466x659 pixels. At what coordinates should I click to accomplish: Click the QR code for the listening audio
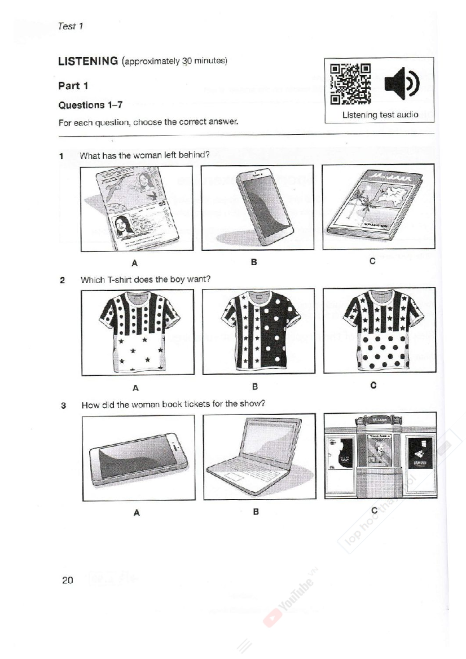tap(350, 84)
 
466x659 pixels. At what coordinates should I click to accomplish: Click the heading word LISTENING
tap(88, 61)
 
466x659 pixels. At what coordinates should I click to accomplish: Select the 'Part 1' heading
tap(73, 86)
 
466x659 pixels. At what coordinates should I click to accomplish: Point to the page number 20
tap(67, 580)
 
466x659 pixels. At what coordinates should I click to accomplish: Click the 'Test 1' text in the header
tap(70, 26)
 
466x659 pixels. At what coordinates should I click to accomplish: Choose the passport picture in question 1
tap(136, 208)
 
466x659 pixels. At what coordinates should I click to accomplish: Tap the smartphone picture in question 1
tap(257, 208)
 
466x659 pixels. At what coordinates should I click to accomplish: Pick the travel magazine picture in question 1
tap(378, 206)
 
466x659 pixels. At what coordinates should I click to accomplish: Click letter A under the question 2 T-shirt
tap(136, 388)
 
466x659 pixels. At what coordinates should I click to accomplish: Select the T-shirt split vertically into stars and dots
tap(259, 331)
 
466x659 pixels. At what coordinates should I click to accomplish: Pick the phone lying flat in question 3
tap(139, 458)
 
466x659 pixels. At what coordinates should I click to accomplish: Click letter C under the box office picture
tap(374, 511)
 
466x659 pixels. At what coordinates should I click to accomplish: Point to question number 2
tap(62, 280)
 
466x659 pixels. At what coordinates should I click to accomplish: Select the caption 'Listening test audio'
tap(380, 115)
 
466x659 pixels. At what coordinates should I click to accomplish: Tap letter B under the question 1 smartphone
tap(254, 262)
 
